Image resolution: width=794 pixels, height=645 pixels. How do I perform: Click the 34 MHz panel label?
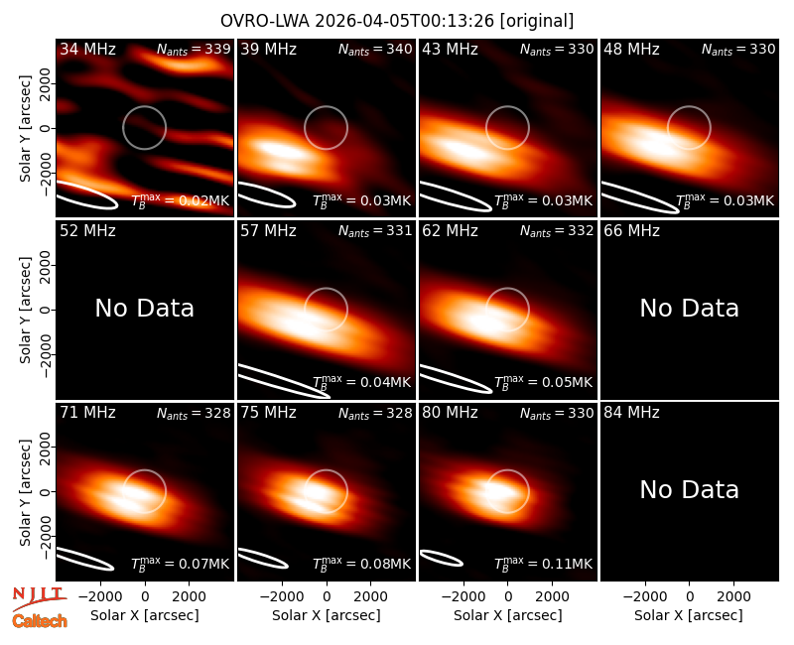click(87, 49)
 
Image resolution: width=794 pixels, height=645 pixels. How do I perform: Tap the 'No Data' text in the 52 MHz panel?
click(145, 308)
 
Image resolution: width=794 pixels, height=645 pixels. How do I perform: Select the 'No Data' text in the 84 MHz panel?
click(689, 489)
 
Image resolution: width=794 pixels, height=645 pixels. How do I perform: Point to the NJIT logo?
click(39, 598)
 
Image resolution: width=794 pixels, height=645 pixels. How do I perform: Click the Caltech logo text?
click(40, 621)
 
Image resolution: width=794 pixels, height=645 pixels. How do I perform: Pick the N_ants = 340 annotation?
click(375, 49)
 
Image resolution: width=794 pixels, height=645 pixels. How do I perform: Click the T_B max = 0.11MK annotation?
click(543, 564)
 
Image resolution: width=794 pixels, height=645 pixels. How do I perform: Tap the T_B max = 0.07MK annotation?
click(181, 564)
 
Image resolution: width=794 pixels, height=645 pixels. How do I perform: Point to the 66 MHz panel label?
click(631, 231)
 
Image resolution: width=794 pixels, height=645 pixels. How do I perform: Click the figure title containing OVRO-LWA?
click(397, 21)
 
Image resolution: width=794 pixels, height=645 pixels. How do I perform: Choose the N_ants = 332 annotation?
click(557, 231)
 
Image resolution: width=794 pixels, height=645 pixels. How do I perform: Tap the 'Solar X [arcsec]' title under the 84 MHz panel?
click(689, 615)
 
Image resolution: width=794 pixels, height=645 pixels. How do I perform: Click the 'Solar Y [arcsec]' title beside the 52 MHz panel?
click(25, 310)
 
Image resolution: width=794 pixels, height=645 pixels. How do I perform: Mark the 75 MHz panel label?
click(268, 413)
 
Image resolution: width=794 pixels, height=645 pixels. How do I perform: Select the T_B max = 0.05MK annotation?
click(543, 382)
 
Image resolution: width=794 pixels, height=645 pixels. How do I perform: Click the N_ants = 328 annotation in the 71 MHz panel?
click(194, 413)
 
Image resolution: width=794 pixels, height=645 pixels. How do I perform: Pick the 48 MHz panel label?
click(631, 49)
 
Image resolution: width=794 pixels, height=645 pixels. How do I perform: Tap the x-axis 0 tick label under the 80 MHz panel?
click(508, 596)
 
